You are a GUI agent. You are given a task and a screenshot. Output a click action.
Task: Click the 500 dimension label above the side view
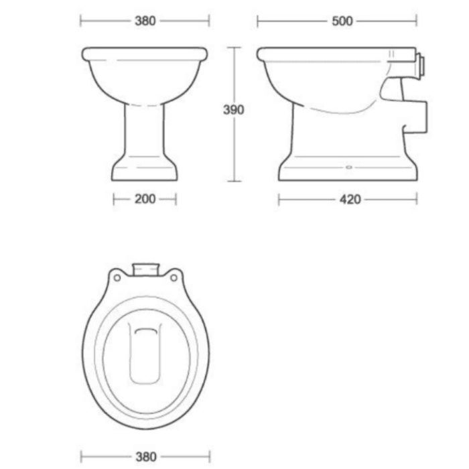tap(342, 21)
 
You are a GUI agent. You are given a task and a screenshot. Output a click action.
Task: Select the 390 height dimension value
tap(233, 110)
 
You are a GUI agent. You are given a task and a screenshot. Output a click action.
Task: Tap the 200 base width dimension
tap(145, 199)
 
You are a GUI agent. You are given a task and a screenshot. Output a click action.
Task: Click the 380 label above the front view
tap(145, 21)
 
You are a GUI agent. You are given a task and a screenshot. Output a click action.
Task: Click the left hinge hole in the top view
tap(116, 276)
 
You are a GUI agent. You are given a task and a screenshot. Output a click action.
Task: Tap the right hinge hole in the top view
tap(174, 276)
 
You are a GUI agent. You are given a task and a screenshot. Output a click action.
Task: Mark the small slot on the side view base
tap(349, 165)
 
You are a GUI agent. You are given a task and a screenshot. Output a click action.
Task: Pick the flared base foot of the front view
tap(145, 170)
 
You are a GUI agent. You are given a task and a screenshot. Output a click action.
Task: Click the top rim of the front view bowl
tap(145, 52)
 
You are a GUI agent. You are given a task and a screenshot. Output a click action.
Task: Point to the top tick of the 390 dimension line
tap(233, 47)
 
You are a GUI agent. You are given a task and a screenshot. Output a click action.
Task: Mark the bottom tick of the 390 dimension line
tap(233, 181)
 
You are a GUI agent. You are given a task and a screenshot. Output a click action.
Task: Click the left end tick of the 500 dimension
tap(258, 21)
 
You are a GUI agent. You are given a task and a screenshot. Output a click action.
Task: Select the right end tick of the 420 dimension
tap(416, 199)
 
